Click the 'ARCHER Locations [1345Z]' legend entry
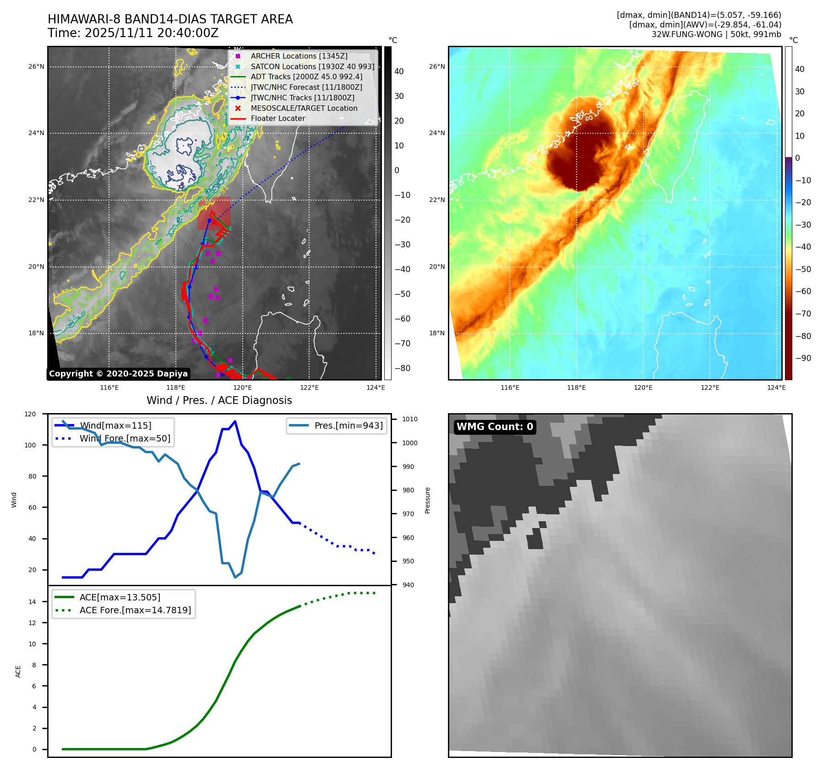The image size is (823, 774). click(x=299, y=56)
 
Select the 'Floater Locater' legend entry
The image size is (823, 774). click(x=278, y=118)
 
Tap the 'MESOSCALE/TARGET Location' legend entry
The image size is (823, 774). click(x=304, y=108)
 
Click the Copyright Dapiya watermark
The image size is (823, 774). click(x=118, y=374)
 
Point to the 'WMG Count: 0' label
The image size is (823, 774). click(x=495, y=427)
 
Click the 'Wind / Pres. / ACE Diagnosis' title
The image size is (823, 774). click(x=219, y=400)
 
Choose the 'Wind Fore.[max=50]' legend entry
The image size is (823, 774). click(x=125, y=438)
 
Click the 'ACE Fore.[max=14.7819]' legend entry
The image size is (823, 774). click(x=135, y=610)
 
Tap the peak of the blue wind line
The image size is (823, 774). click(x=235, y=421)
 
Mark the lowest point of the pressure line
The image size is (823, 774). click(x=235, y=577)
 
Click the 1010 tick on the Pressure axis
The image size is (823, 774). click(x=410, y=419)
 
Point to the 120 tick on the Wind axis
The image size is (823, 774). click(x=30, y=414)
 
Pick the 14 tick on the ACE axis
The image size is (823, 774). click(x=33, y=602)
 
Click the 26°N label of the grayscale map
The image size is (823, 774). click(x=36, y=67)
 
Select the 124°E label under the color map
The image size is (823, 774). click(x=776, y=387)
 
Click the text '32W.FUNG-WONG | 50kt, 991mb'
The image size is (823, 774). click(x=716, y=34)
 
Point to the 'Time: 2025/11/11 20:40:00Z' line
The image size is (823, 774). click(x=133, y=33)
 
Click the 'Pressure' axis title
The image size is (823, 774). click(x=427, y=500)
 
